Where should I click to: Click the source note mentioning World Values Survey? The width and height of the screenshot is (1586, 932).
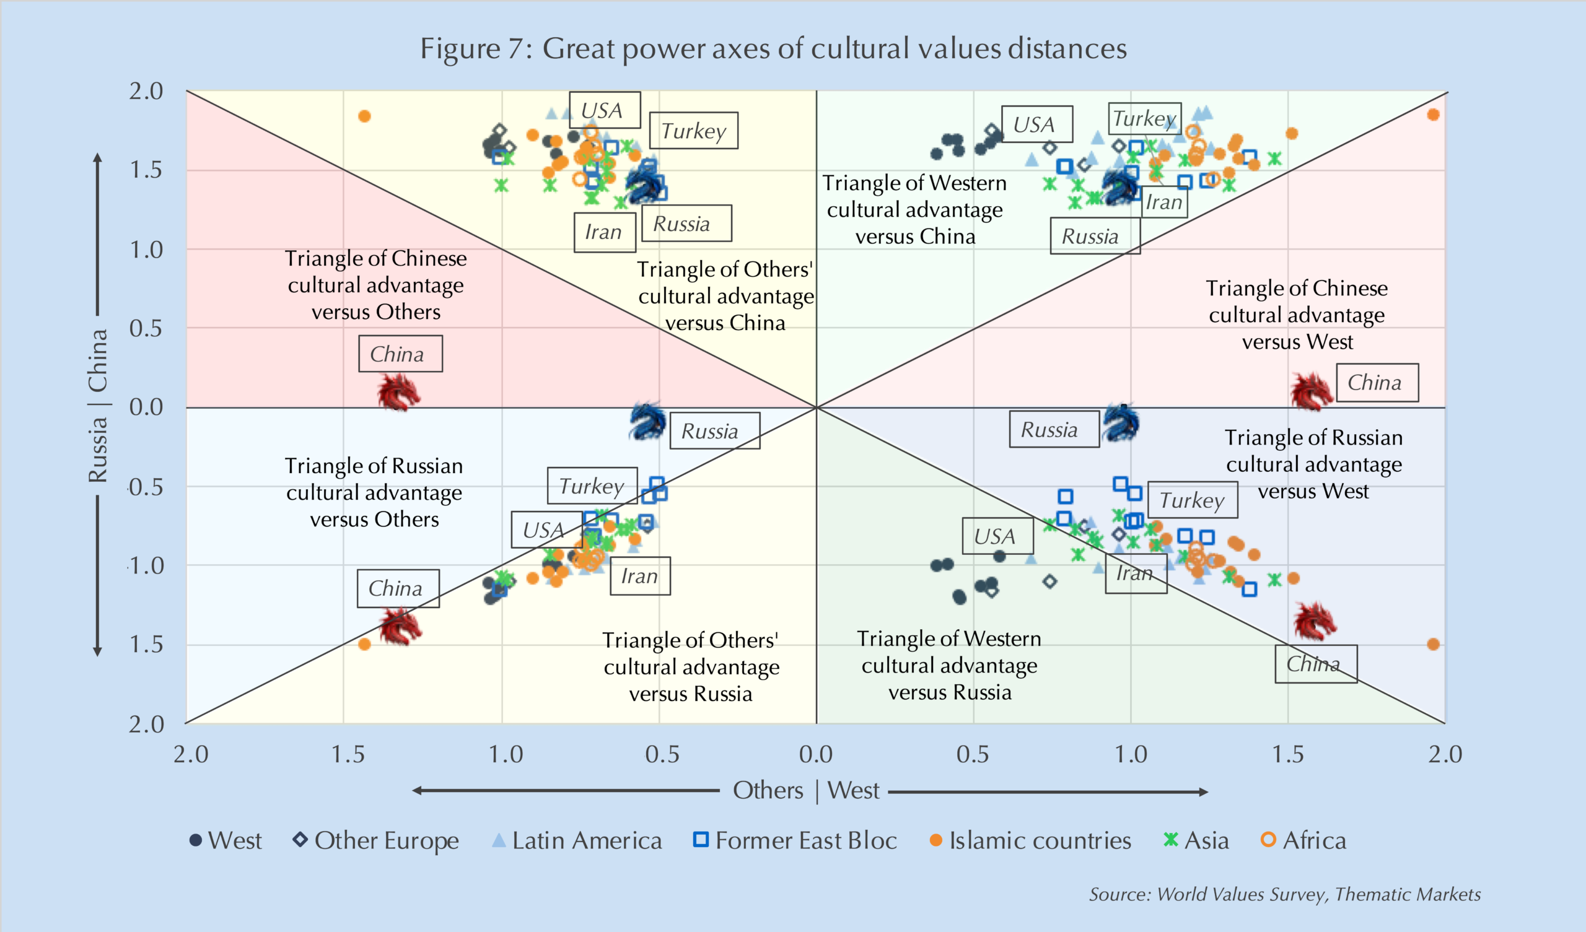pyautogui.click(x=1284, y=894)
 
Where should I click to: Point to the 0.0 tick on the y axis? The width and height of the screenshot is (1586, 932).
pyautogui.click(x=146, y=407)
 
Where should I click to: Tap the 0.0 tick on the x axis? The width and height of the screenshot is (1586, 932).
pyautogui.click(x=816, y=754)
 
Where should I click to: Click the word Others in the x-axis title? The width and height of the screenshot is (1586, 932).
pyautogui.click(x=768, y=790)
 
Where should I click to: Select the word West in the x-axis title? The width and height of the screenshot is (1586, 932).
pyautogui.click(x=853, y=790)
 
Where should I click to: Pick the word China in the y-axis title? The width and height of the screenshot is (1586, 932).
pyautogui.click(x=97, y=360)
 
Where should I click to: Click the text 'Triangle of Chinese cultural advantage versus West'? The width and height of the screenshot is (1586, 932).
pyautogui.click(x=1297, y=315)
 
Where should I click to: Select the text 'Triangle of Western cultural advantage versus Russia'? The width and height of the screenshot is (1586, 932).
pyautogui.click(x=949, y=665)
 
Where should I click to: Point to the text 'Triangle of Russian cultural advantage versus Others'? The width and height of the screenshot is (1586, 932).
pyautogui.click(x=374, y=493)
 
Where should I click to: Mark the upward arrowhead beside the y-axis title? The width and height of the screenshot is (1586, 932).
pyautogui.click(x=97, y=157)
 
